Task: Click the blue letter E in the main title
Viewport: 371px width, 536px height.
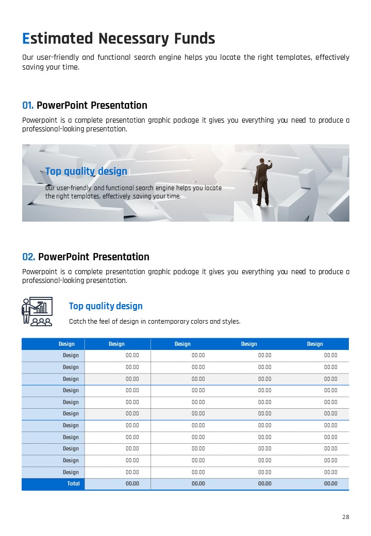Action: [x=26, y=38]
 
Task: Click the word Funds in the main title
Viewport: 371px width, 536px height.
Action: [x=194, y=38]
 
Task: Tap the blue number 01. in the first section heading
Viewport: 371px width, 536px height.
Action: [x=28, y=105]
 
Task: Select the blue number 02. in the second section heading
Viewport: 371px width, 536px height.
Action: [x=29, y=257]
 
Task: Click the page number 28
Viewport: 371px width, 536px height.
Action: [x=346, y=517]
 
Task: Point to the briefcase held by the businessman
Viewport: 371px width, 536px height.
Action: [x=255, y=189]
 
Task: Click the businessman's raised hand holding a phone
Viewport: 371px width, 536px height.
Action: [x=270, y=162]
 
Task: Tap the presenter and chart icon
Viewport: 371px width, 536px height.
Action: [x=37, y=311]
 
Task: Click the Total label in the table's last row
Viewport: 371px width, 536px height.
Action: [x=74, y=483]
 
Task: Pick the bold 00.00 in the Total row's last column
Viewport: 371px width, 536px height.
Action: [x=331, y=483]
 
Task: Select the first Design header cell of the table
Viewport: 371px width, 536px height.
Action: [x=66, y=344]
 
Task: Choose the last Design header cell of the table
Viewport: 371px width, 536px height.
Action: [x=315, y=344]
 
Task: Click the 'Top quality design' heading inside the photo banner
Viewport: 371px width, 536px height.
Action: [x=86, y=171]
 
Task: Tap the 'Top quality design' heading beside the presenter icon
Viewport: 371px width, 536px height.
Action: [x=106, y=306]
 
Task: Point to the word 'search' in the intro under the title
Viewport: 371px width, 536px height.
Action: [x=145, y=57]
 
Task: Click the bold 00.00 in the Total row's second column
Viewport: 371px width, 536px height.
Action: [x=132, y=483]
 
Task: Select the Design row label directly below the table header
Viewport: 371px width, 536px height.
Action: [x=71, y=355]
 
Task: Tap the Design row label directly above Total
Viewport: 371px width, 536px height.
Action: [x=71, y=472]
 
